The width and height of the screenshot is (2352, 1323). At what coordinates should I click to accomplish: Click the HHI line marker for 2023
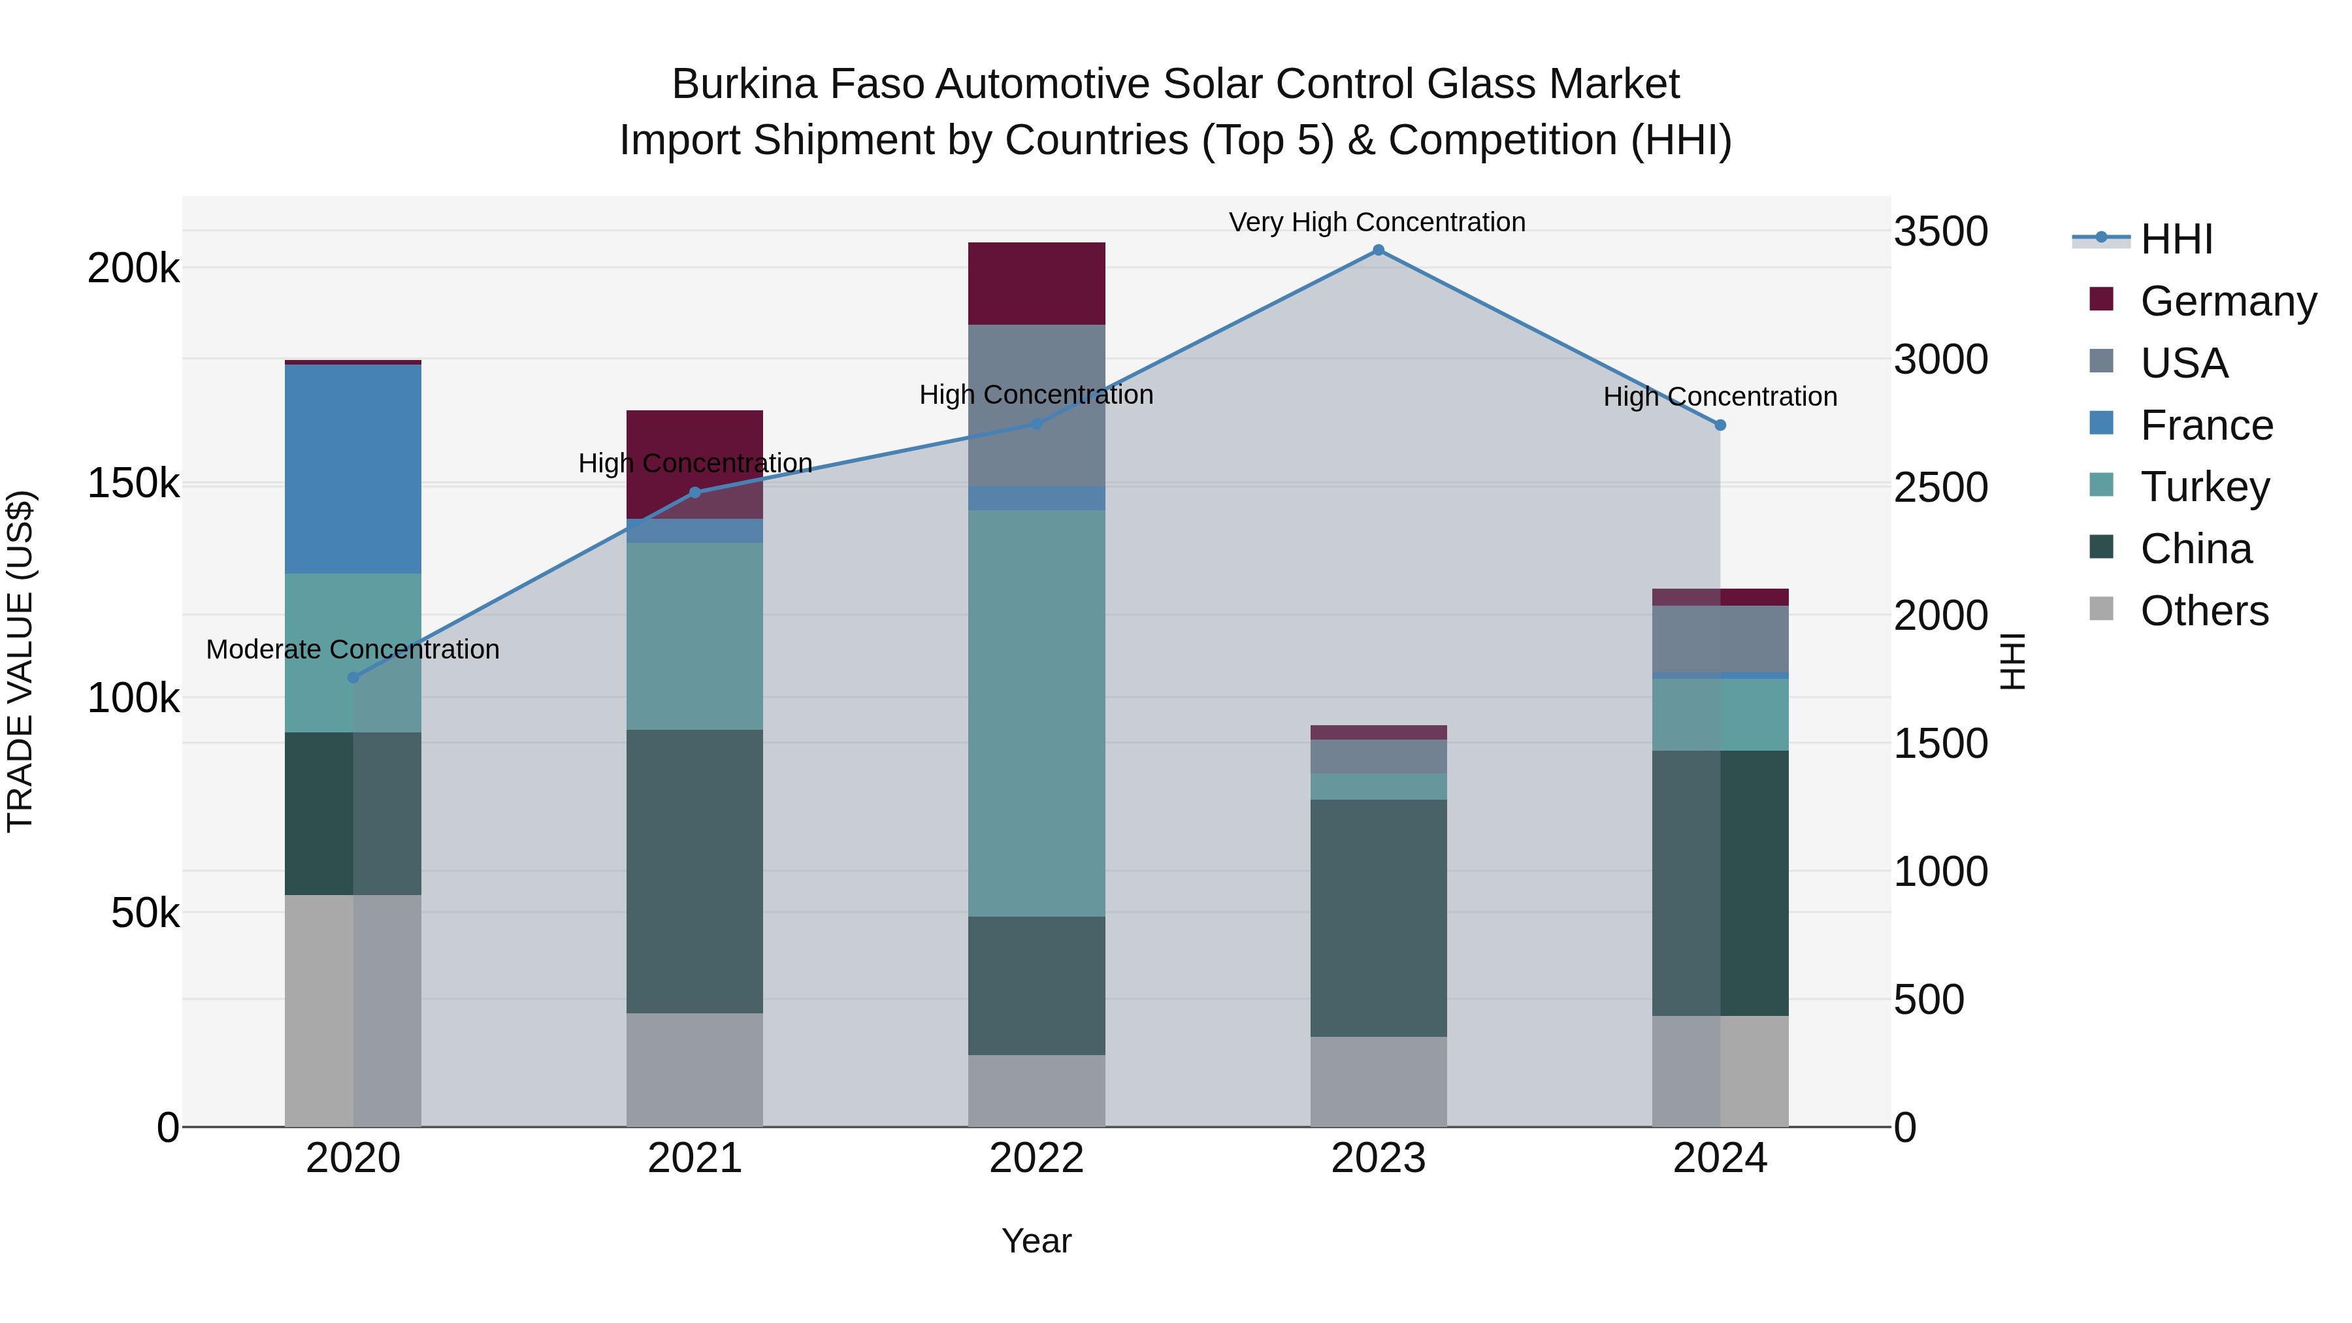coord(1378,250)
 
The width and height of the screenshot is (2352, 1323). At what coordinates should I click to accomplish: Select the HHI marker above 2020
coord(353,678)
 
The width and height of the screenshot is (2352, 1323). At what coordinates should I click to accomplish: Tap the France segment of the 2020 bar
coord(353,468)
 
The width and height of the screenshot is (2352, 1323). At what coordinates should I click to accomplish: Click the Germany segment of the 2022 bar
coord(1036,283)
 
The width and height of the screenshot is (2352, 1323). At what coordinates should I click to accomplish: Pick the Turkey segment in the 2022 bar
coord(1036,712)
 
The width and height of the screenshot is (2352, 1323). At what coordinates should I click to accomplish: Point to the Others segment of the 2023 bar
coord(1378,1081)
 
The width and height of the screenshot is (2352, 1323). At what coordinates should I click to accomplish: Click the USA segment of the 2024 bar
coord(1720,639)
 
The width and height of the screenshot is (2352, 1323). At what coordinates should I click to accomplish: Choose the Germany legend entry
coord(2228,301)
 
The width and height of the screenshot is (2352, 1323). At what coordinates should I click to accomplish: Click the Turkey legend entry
coord(2204,487)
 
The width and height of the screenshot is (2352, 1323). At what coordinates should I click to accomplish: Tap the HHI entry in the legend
coord(2176,239)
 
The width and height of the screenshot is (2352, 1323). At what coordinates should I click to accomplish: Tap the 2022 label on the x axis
coord(1036,1158)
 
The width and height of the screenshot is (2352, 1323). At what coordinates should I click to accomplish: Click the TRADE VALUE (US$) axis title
coord(20,661)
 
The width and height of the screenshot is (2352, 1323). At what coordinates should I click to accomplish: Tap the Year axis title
coord(1036,1241)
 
